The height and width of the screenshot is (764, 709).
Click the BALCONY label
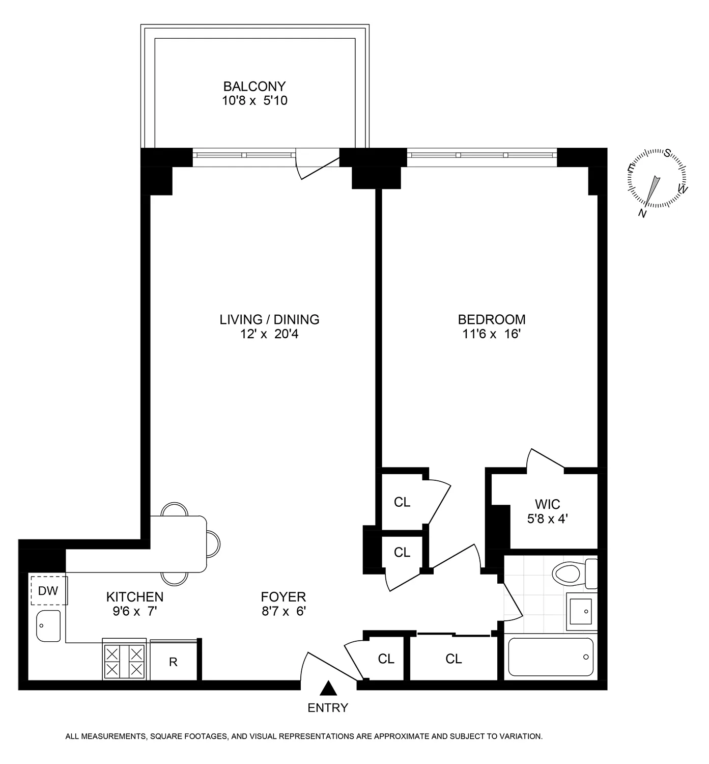coord(254,86)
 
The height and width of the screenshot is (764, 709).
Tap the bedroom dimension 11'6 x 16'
coord(492,334)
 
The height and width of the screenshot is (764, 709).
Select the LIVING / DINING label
coord(269,319)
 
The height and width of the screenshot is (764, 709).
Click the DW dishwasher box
coord(49,591)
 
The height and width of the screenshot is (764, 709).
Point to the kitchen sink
coord(48,625)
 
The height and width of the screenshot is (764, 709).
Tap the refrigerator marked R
coord(174,662)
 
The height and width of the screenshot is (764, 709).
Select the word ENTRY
coord(328,707)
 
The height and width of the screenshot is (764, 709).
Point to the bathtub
coord(551,657)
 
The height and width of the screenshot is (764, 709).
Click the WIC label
coord(548,504)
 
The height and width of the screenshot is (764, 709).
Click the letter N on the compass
coord(643,214)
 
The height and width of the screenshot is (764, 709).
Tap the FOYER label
coord(283,596)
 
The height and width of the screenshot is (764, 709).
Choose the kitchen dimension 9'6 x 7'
coord(134,611)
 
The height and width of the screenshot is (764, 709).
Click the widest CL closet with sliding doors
coord(453,659)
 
